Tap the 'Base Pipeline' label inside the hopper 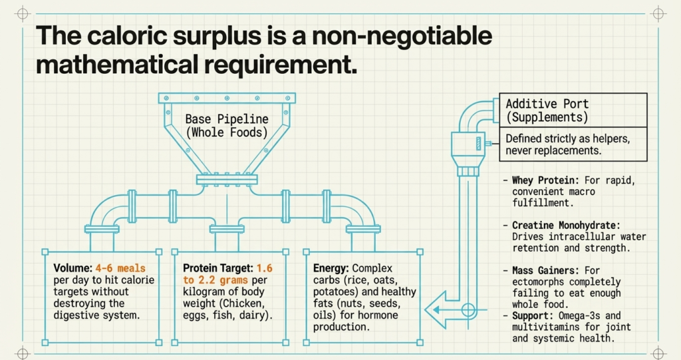point(227,119)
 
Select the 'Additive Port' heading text point(547,104)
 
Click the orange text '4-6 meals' point(120,268)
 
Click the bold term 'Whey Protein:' point(545,180)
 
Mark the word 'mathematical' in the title point(117,65)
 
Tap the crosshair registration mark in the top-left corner point(22,13)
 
